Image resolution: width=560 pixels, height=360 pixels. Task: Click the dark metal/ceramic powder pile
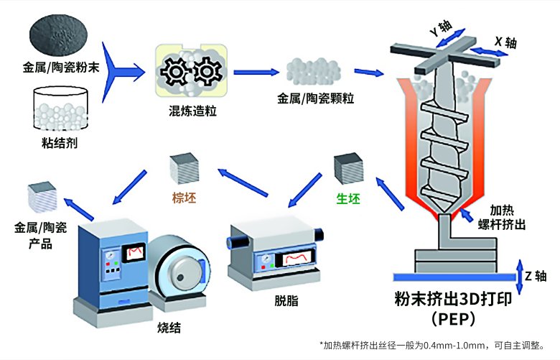click(x=57, y=37)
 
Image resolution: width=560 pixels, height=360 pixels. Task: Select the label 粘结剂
click(x=60, y=142)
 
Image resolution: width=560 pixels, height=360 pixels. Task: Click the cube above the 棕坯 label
click(x=182, y=170)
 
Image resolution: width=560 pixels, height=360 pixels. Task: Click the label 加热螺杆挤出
click(x=503, y=216)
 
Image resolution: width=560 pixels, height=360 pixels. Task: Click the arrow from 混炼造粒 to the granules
click(x=256, y=71)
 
